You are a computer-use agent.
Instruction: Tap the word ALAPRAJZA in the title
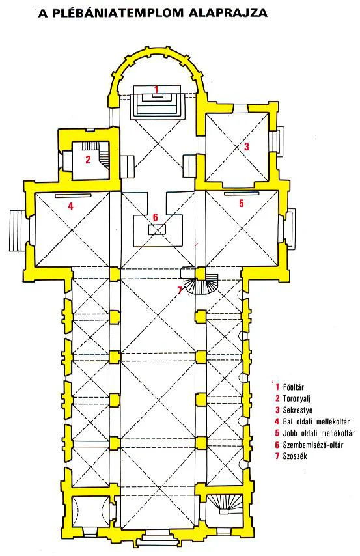coord(228,13)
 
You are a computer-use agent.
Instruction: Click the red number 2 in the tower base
coord(88,160)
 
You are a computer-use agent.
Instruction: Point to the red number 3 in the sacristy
coord(247,146)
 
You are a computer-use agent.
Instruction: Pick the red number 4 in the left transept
coord(70,206)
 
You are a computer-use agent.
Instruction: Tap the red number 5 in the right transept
coord(242,203)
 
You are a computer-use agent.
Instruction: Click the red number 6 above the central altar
coord(155,217)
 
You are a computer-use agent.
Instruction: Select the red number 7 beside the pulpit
coord(180,290)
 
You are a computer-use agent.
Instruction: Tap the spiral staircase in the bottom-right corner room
coord(225,504)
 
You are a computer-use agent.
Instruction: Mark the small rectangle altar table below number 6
coord(157,229)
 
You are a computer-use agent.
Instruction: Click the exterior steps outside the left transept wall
coord(17,230)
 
